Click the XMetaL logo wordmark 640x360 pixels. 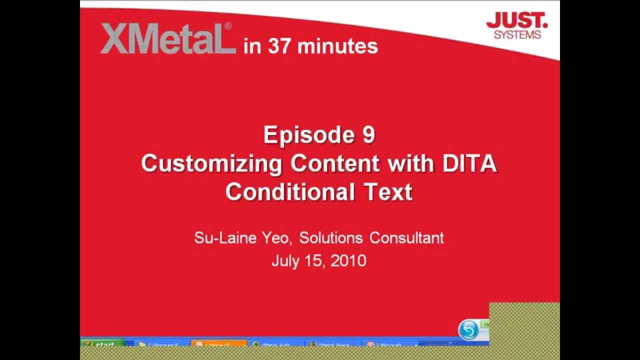[x=167, y=38]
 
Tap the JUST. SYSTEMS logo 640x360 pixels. [x=517, y=26]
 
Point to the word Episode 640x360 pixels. [x=305, y=135]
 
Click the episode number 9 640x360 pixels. [x=369, y=135]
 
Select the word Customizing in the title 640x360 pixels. [x=211, y=163]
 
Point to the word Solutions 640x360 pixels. [x=330, y=237]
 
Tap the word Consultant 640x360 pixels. [x=406, y=237]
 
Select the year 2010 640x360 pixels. [x=348, y=260]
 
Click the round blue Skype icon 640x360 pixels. [x=468, y=330]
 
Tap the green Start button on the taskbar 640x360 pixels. [x=102, y=344]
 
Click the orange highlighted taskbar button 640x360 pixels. [x=219, y=344]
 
